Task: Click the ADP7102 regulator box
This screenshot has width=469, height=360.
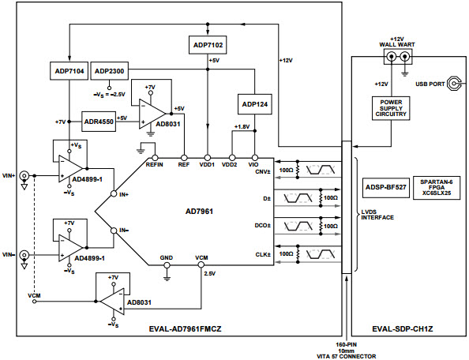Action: click(x=207, y=45)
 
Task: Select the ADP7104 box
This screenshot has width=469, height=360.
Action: click(x=69, y=72)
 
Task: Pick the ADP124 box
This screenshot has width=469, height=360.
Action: click(x=254, y=104)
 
